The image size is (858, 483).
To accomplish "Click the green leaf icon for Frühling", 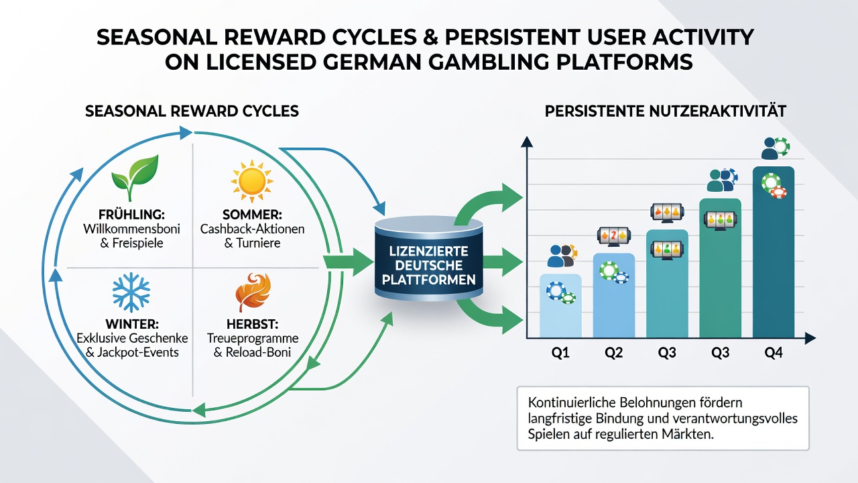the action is point(135,178).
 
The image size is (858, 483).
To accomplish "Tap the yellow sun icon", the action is point(251,181).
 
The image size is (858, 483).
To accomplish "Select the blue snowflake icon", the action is point(131,292).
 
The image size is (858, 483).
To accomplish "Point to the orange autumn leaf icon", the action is point(253,292).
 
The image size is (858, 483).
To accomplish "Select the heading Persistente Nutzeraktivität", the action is point(665,111).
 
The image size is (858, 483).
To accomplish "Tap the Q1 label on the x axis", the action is point(560,352).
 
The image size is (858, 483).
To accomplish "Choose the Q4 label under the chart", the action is point(774,352).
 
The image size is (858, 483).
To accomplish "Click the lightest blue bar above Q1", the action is point(560,305).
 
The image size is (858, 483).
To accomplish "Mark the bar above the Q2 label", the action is point(613,295).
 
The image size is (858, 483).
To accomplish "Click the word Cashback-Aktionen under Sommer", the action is point(253,229).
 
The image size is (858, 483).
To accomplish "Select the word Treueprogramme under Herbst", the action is point(253,339).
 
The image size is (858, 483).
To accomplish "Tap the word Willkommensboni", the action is point(131,229).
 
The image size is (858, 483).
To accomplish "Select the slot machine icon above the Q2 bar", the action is point(614,236).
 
